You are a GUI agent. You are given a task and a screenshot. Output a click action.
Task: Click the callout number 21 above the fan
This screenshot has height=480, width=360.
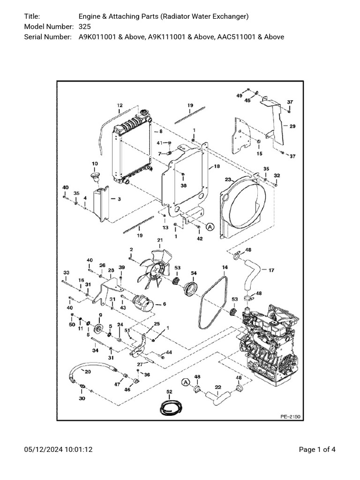point(160,240)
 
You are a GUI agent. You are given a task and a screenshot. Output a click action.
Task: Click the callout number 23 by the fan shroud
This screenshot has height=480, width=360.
point(228,180)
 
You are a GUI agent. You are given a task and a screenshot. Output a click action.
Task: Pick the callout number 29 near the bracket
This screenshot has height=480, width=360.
point(292,127)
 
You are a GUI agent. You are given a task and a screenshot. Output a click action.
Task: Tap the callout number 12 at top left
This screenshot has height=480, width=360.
point(120,105)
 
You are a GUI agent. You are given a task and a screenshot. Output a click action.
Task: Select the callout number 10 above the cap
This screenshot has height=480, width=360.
point(95,164)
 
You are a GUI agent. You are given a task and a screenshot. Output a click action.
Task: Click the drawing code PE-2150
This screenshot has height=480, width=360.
point(290,415)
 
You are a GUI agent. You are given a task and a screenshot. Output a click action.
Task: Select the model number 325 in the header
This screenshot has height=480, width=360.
point(84,26)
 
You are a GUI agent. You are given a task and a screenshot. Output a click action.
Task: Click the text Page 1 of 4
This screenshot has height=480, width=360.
point(317,450)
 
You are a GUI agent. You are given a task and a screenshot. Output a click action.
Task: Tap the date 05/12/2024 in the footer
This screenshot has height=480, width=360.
point(45,450)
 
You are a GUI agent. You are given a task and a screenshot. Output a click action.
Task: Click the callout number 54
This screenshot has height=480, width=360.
point(194,273)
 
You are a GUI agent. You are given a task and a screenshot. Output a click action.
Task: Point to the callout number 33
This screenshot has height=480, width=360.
point(66,272)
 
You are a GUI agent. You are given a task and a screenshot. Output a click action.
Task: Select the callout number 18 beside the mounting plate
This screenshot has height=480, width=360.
point(217,166)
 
